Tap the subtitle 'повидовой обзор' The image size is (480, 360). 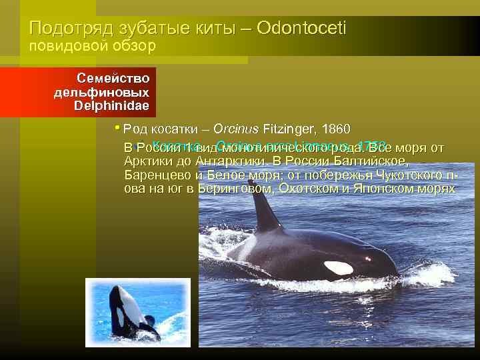(x=91, y=46)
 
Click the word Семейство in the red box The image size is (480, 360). (x=113, y=78)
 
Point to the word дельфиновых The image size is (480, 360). (x=101, y=92)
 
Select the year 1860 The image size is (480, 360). (x=331, y=129)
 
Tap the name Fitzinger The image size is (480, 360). (x=290, y=129)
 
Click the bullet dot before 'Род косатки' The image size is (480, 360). (x=117, y=128)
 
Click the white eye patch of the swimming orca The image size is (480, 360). (x=338, y=267)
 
